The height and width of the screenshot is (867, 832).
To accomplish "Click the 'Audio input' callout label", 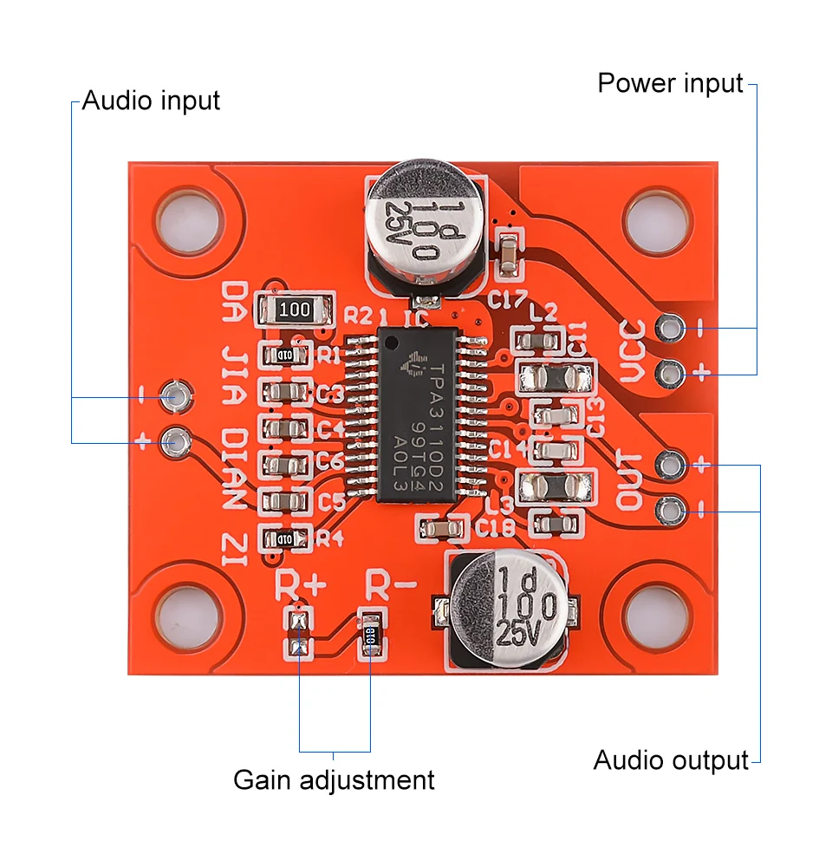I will [x=151, y=101].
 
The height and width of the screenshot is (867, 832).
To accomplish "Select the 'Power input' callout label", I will [x=670, y=83].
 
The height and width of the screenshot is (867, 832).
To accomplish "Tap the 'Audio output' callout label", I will [x=670, y=760].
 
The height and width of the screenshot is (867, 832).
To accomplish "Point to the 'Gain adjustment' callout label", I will [x=334, y=779].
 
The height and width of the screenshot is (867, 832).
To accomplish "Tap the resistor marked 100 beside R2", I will [x=295, y=309].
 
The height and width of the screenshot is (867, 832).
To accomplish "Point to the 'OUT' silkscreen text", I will [x=631, y=480].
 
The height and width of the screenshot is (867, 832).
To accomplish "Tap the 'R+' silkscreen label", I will [x=301, y=583].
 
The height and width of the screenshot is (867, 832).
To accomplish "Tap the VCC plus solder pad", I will [x=668, y=374].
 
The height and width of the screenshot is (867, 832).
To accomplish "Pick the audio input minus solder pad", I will [x=177, y=397].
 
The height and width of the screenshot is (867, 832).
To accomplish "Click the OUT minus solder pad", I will [x=668, y=511].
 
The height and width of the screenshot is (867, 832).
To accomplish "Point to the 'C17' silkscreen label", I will [x=507, y=302].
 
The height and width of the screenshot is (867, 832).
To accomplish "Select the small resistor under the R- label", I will [x=371, y=634].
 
